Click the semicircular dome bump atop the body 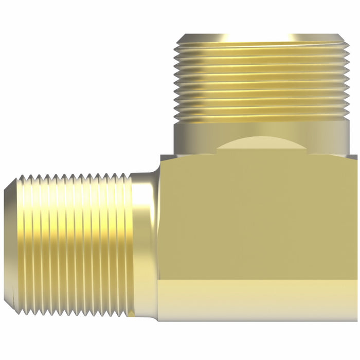[x=262, y=147]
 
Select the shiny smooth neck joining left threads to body [x=145, y=242]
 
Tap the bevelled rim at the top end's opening [x=262, y=38]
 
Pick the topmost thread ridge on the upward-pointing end [x=262, y=45]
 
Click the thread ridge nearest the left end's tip [x=23, y=242]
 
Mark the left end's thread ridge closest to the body [x=129, y=242]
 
